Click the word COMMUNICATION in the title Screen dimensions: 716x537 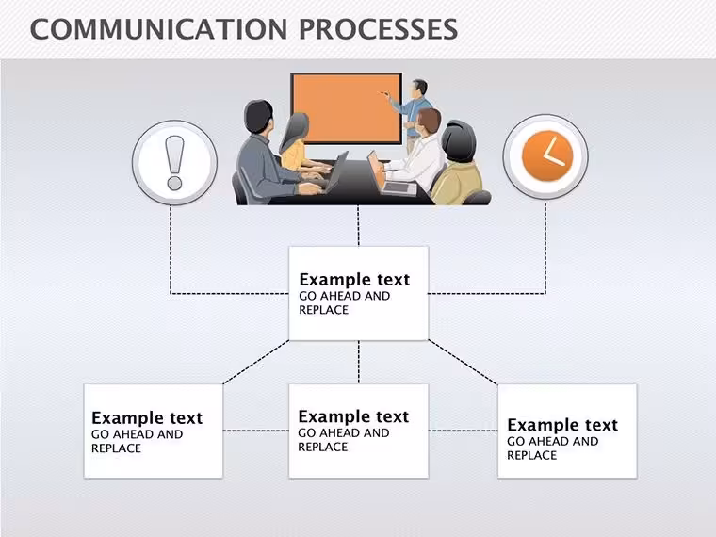[158, 29]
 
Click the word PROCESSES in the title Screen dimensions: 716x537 [379, 29]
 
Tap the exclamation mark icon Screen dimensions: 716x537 [174, 163]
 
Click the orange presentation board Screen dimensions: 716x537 [347, 108]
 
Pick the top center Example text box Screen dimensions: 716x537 [358, 294]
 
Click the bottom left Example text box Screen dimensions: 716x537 [154, 431]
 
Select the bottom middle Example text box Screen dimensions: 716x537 [358, 431]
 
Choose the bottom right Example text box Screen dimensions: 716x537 [567, 431]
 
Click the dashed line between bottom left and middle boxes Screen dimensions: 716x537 [255, 431]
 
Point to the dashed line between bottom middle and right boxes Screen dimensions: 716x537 [463, 431]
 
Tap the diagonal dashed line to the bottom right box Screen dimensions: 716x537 [463, 362]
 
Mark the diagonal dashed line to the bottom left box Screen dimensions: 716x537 [255, 362]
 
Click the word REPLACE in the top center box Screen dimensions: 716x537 [324, 310]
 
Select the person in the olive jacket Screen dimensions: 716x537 [458, 164]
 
